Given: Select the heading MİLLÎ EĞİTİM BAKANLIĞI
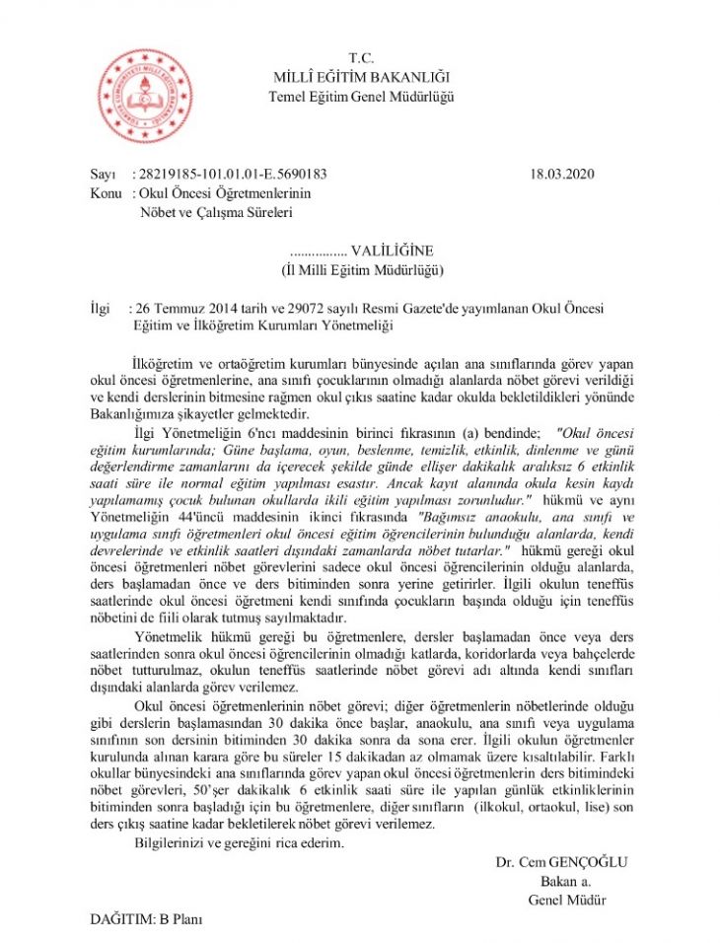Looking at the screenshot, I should pyautogui.click(x=361, y=77).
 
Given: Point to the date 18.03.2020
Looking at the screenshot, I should pyautogui.click(x=563, y=174).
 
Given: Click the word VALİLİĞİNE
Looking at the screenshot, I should pyautogui.click(x=392, y=250).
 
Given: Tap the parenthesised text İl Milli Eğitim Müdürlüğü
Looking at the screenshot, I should pyautogui.click(x=360, y=268).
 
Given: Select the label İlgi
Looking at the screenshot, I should pyautogui.click(x=99, y=308).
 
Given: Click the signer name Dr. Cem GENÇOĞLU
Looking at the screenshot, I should pyautogui.click(x=562, y=862).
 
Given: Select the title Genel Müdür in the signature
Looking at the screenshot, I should pyautogui.click(x=566, y=900).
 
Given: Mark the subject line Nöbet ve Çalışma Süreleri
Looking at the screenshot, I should pyautogui.click(x=216, y=211).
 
